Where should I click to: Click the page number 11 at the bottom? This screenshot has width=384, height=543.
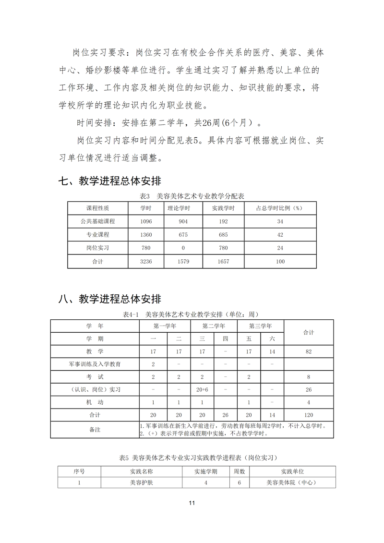(192, 503)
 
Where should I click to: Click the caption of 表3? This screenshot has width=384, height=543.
(192, 196)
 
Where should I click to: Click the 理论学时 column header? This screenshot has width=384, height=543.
(179, 208)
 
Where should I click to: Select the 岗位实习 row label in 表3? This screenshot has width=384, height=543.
(97, 248)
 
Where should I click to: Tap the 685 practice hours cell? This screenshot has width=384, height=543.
(223, 235)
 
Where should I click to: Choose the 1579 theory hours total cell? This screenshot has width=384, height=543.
(183, 262)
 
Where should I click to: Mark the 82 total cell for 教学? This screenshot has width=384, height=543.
(309, 351)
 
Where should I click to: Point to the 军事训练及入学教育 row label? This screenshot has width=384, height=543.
(95, 364)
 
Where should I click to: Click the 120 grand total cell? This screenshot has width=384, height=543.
(309, 415)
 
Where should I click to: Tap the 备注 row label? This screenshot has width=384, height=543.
(95, 430)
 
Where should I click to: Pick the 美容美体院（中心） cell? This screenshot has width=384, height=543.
(292, 483)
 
